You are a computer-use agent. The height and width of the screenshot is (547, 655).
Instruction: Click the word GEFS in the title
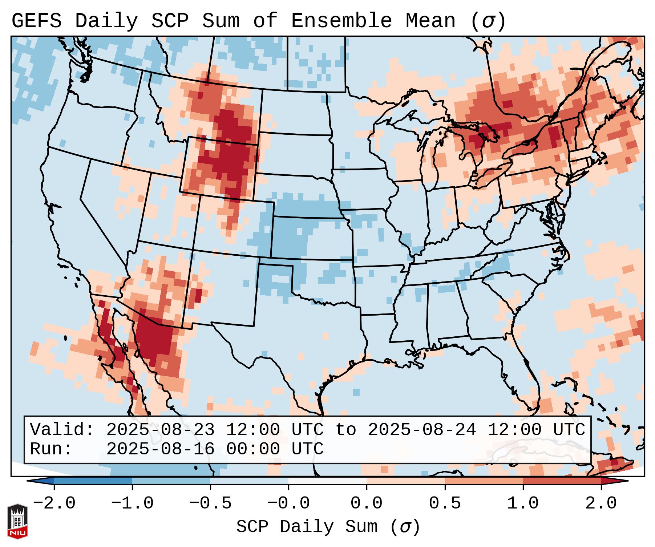(x=36, y=21)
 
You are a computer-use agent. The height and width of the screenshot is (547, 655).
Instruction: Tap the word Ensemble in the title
(x=341, y=21)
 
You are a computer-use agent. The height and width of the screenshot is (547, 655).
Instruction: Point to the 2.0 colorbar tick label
(x=601, y=503)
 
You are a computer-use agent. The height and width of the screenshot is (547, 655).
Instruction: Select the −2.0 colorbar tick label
(x=54, y=503)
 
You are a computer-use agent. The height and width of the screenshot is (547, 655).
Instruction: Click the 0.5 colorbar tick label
(x=445, y=503)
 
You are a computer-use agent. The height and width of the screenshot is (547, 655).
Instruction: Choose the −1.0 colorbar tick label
(x=132, y=503)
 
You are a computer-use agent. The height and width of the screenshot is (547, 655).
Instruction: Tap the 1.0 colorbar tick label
(x=523, y=503)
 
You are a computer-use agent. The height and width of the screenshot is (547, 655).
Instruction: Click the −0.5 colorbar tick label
(x=210, y=503)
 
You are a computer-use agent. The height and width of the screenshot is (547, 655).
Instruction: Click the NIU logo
(x=17, y=521)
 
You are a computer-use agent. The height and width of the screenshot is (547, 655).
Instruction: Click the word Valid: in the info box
(x=62, y=430)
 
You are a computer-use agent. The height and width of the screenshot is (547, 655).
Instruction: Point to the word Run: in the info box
(x=51, y=449)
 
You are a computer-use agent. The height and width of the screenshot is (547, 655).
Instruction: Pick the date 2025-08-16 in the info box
(x=160, y=449)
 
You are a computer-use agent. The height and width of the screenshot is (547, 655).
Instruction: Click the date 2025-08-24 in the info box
(x=422, y=430)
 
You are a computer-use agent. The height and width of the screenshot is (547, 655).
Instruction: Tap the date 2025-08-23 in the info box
(x=160, y=430)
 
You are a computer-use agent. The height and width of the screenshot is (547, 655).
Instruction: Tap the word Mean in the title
(x=430, y=21)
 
